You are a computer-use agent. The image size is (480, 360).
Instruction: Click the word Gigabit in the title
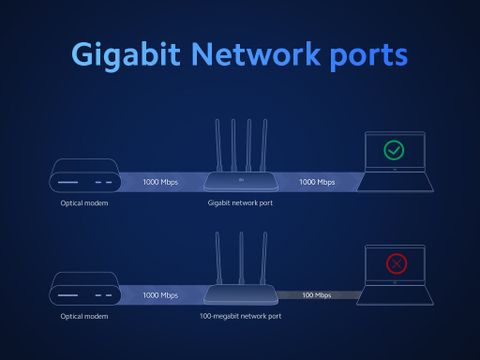[x=126, y=55]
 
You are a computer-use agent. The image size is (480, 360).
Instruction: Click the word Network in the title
[x=256, y=53]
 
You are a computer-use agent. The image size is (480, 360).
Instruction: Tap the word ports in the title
[x=369, y=57]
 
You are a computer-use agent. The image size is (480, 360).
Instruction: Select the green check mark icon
[x=394, y=150]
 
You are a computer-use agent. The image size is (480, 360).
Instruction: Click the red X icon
[x=396, y=264]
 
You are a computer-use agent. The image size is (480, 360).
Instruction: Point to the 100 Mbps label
[x=317, y=295]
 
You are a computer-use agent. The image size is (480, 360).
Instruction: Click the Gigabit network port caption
[x=240, y=203]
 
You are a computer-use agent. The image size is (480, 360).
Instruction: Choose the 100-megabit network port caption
[x=240, y=316]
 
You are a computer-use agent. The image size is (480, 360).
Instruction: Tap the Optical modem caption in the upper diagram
[x=84, y=203]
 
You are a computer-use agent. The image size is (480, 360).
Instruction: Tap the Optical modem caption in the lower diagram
[x=84, y=316]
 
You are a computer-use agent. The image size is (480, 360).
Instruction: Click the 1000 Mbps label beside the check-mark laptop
[x=317, y=182]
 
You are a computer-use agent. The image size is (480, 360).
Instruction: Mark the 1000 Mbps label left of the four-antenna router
[x=160, y=182]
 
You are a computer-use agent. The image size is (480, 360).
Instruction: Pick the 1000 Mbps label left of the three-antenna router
[x=160, y=295]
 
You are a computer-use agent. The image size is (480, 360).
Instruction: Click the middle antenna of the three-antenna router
[x=241, y=258]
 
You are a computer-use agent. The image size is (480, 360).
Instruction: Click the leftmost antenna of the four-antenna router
[x=218, y=146]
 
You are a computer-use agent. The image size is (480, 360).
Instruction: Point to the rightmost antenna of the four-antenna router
[x=264, y=146]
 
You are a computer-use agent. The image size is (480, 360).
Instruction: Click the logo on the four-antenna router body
[x=241, y=180]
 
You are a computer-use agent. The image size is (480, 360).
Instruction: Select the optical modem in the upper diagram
[x=85, y=175]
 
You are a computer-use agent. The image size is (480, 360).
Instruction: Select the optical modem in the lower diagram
[x=85, y=289]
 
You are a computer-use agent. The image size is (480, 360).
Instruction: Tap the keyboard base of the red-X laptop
[x=395, y=295]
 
